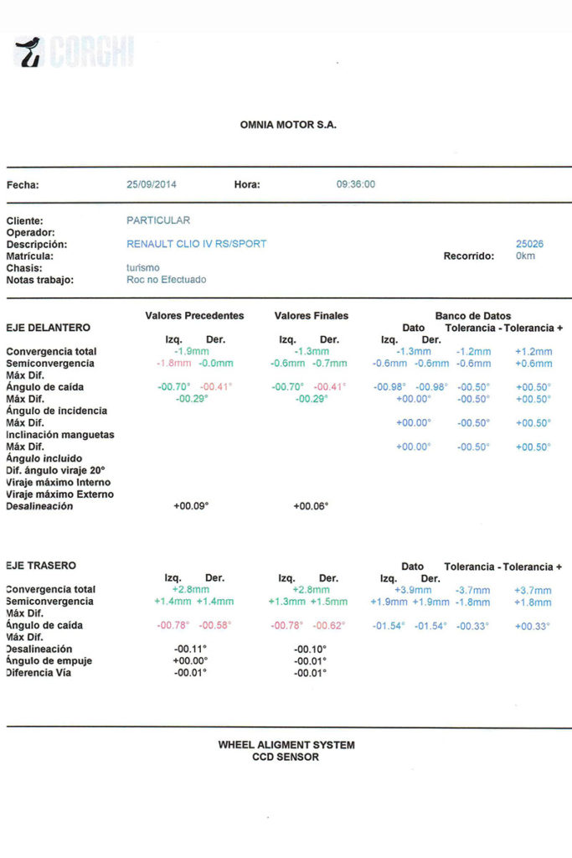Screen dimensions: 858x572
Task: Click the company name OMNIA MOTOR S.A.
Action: [288, 125]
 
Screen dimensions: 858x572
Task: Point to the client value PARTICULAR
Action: [158, 220]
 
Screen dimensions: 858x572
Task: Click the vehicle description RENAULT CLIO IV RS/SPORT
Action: [196, 244]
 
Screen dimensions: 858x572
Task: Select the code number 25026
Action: [529, 244]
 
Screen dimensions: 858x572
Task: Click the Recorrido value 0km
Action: [526, 256]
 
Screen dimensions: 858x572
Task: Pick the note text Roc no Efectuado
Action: [166, 279]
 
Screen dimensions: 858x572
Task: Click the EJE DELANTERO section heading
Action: [48, 328]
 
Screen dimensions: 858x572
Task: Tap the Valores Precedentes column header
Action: [194, 316]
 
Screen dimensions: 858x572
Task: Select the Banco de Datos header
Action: [473, 316]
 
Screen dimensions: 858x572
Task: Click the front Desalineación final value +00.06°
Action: [311, 506]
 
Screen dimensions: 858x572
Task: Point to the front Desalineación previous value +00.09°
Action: [191, 506]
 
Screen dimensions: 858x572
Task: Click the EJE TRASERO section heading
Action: [40, 566]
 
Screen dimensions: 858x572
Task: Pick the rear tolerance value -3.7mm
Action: [473, 590]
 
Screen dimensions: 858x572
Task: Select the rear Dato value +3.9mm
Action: [413, 590]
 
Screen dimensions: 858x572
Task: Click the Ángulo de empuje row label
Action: [49, 661]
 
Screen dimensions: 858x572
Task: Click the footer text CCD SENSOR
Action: [286, 757]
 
